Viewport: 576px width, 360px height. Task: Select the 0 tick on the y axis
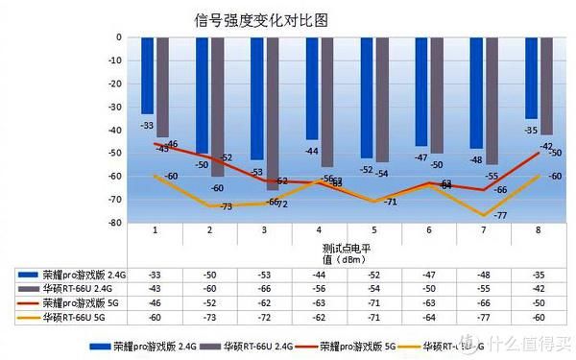[x=118, y=37]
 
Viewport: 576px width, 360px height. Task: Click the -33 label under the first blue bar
[x=147, y=126]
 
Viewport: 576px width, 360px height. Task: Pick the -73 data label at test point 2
[x=226, y=206]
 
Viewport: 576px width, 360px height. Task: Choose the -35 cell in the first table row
[x=538, y=276]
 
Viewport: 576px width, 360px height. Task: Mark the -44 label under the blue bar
[x=312, y=151]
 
